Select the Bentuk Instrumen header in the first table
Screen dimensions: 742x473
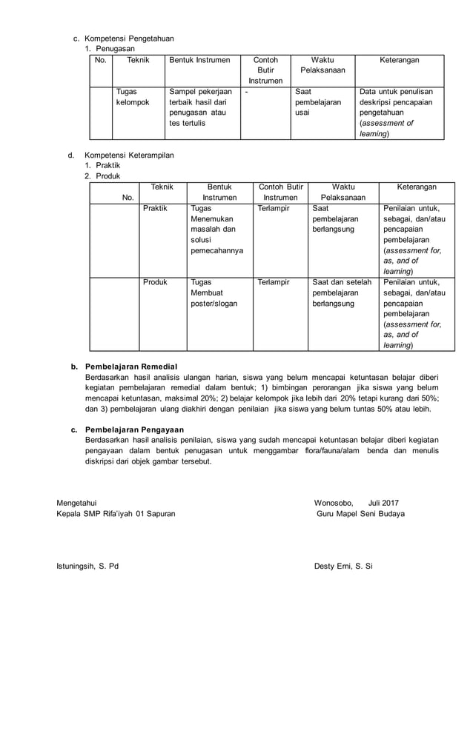click(x=199, y=59)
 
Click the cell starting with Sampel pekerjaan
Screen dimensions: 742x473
click(x=201, y=107)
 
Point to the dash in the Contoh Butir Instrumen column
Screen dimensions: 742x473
click(x=246, y=92)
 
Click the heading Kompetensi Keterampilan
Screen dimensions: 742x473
click(x=129, y=156)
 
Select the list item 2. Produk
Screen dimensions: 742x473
click(x=102, y=176)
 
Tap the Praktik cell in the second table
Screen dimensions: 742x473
click(x=155, y=209)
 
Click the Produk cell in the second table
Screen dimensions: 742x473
click(x=155, y=282)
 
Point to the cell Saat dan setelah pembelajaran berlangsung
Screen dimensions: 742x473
click(x=342, y=293)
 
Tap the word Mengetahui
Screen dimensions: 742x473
click(x=76, y=502)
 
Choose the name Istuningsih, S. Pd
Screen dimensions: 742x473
click(x=87, y=566)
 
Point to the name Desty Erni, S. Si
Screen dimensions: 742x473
click(x=343, y=566)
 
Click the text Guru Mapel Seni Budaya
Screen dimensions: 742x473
click(x=360, y=513)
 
